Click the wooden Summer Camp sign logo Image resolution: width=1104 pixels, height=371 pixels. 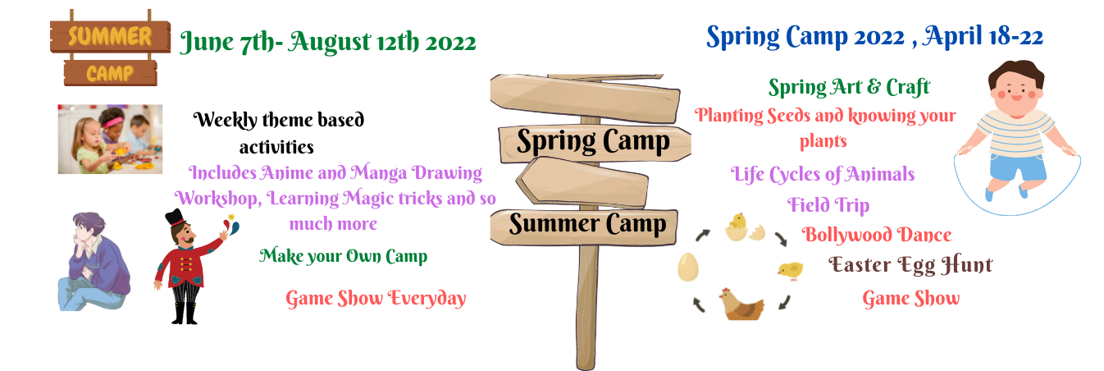[111, 48]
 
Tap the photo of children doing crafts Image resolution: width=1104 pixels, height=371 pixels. [110, 140]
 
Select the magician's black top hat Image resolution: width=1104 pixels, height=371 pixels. [175, 218]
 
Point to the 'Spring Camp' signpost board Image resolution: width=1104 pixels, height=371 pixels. [595, 143]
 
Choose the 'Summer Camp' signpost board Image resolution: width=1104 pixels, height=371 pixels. [584, 226]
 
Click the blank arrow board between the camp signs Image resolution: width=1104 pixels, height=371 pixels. [582, 182]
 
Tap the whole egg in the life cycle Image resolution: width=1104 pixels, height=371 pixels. [688, 267]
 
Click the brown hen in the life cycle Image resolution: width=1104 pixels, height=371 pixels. [741, 304]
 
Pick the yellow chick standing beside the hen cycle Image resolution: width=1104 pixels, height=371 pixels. [791, 270]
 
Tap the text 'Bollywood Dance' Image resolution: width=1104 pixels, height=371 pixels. [876, 236]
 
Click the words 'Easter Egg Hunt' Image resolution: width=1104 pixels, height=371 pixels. [910, 265]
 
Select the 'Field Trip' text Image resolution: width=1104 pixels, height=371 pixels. [828, 205]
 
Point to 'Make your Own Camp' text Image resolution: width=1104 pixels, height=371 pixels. [343, 257]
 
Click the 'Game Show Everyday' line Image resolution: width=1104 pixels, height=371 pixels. [376, 299]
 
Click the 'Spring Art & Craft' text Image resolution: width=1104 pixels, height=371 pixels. [849, 88]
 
